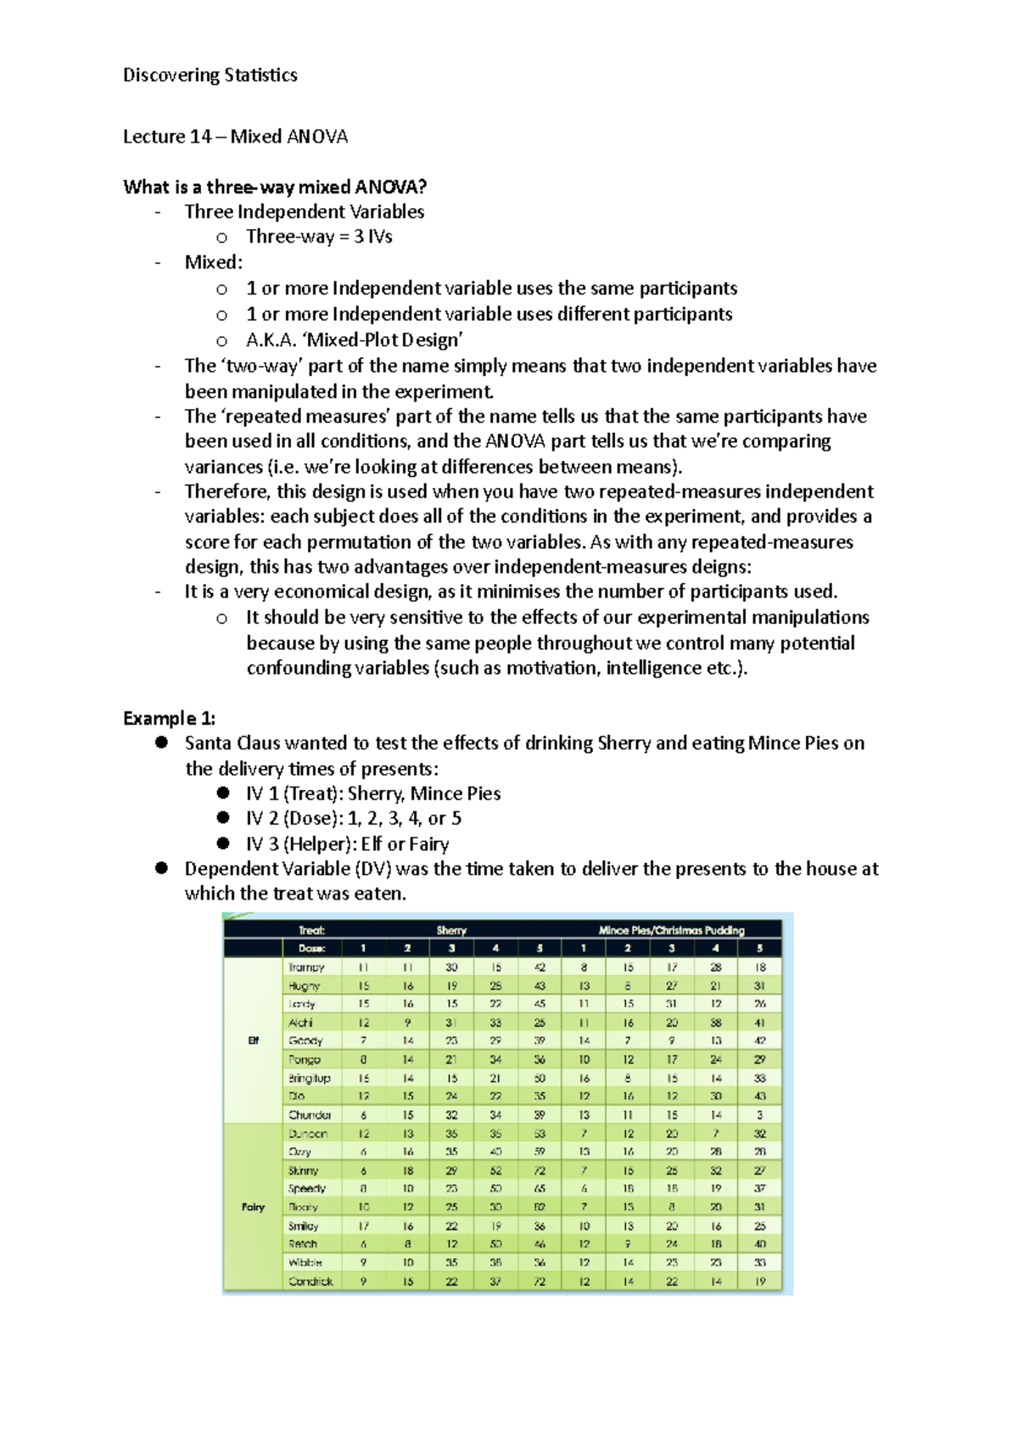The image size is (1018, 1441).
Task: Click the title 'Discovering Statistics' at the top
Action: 210,75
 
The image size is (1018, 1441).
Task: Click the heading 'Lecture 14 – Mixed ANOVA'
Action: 235,137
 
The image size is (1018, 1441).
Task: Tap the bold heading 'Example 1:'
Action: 169,718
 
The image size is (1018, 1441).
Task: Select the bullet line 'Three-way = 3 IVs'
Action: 319,237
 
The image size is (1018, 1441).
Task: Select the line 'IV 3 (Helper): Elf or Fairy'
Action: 347,844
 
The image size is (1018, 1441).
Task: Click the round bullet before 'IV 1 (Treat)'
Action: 223,793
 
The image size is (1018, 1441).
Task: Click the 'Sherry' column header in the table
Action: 451,930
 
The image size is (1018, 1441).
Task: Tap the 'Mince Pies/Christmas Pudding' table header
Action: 671,930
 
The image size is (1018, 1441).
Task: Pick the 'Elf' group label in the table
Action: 253,1040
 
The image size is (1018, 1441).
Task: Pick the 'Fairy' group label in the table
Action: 253,1207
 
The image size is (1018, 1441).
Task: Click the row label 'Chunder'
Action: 310,1115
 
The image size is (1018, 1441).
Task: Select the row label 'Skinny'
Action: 303,1170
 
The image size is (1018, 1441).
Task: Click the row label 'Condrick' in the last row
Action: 310,1281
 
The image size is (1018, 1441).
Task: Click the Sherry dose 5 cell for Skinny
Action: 540,1170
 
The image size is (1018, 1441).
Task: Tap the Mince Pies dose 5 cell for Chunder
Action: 759,1115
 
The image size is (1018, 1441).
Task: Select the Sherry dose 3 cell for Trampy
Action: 451,967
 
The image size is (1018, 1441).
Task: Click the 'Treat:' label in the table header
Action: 311,930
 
